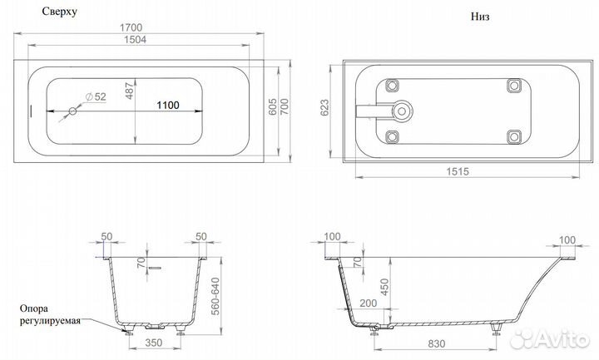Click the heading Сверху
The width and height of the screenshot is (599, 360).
[x=47, y=11]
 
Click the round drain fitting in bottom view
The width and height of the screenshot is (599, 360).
[x=401, y=111]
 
